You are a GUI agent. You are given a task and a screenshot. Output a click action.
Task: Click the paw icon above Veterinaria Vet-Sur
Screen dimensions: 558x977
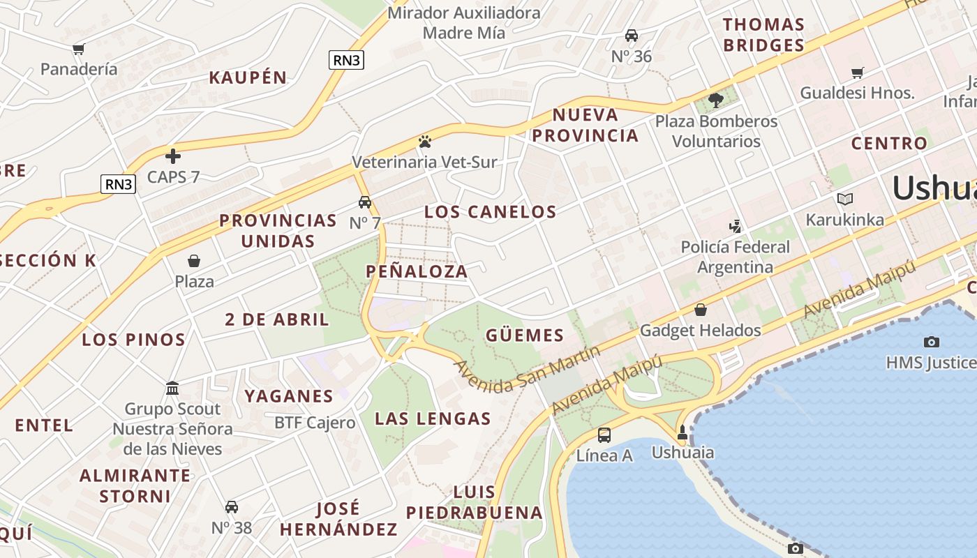(425, 142)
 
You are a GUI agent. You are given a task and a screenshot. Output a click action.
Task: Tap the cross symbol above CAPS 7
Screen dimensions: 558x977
(173, 156)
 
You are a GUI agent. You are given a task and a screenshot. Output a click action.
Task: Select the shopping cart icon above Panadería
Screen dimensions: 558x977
(79, 49)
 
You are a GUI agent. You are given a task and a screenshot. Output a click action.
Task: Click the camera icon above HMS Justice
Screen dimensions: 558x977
(931, 342)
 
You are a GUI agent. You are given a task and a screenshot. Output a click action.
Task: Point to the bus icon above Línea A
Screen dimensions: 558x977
(604, 435)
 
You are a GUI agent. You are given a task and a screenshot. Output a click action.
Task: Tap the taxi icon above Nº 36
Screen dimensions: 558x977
(632, 36)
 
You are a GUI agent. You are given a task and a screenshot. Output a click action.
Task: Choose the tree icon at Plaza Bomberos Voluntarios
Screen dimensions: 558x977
(715, 100)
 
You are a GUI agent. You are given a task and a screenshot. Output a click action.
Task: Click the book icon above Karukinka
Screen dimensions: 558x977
(845, 199)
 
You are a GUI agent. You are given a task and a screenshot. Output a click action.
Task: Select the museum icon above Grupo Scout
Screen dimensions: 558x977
(172, 388)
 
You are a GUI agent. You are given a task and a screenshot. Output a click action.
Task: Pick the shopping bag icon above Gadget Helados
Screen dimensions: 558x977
(700, 310)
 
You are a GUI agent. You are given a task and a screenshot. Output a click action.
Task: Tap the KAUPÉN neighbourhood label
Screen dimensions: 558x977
(248, 77)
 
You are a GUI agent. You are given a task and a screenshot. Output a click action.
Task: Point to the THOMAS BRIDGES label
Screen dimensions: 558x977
(763, 35)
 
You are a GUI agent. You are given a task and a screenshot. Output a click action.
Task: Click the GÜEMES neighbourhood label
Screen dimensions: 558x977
(525, 335)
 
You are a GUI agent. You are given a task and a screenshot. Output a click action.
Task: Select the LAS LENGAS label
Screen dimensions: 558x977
(433, 418)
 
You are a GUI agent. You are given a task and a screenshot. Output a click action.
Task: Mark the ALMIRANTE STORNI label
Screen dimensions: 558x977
(135, 485)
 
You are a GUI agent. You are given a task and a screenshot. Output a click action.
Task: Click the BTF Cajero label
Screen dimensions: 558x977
(315, 423)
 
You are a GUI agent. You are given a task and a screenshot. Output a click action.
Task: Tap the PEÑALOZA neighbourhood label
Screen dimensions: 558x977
(417, 271)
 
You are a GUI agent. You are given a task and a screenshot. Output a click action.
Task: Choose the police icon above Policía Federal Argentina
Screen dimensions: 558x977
(734, 226)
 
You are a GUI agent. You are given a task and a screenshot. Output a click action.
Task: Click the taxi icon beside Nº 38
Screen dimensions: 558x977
(232, 507)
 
